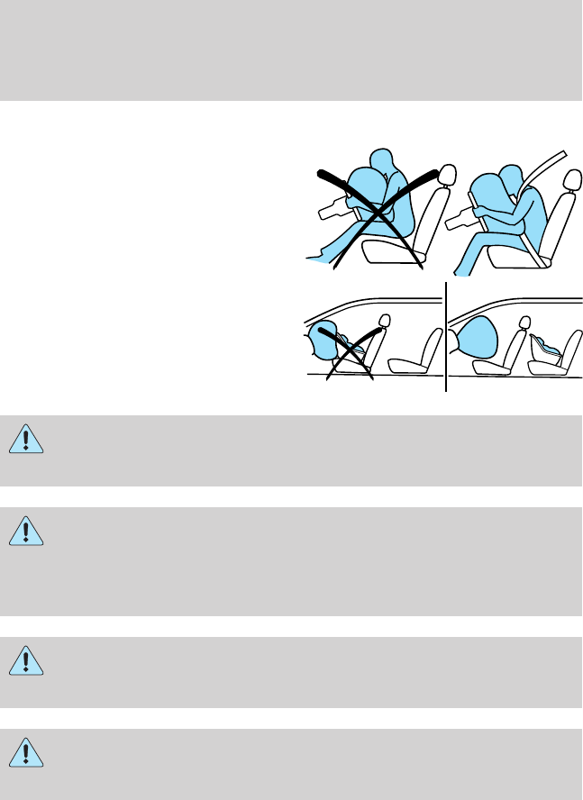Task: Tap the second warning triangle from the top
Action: point(26,532)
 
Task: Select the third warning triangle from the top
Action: point(26,659)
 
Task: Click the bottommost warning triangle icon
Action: point(26,751)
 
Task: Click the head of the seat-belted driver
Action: point(511,174)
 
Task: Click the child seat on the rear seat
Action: point(549,350)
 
